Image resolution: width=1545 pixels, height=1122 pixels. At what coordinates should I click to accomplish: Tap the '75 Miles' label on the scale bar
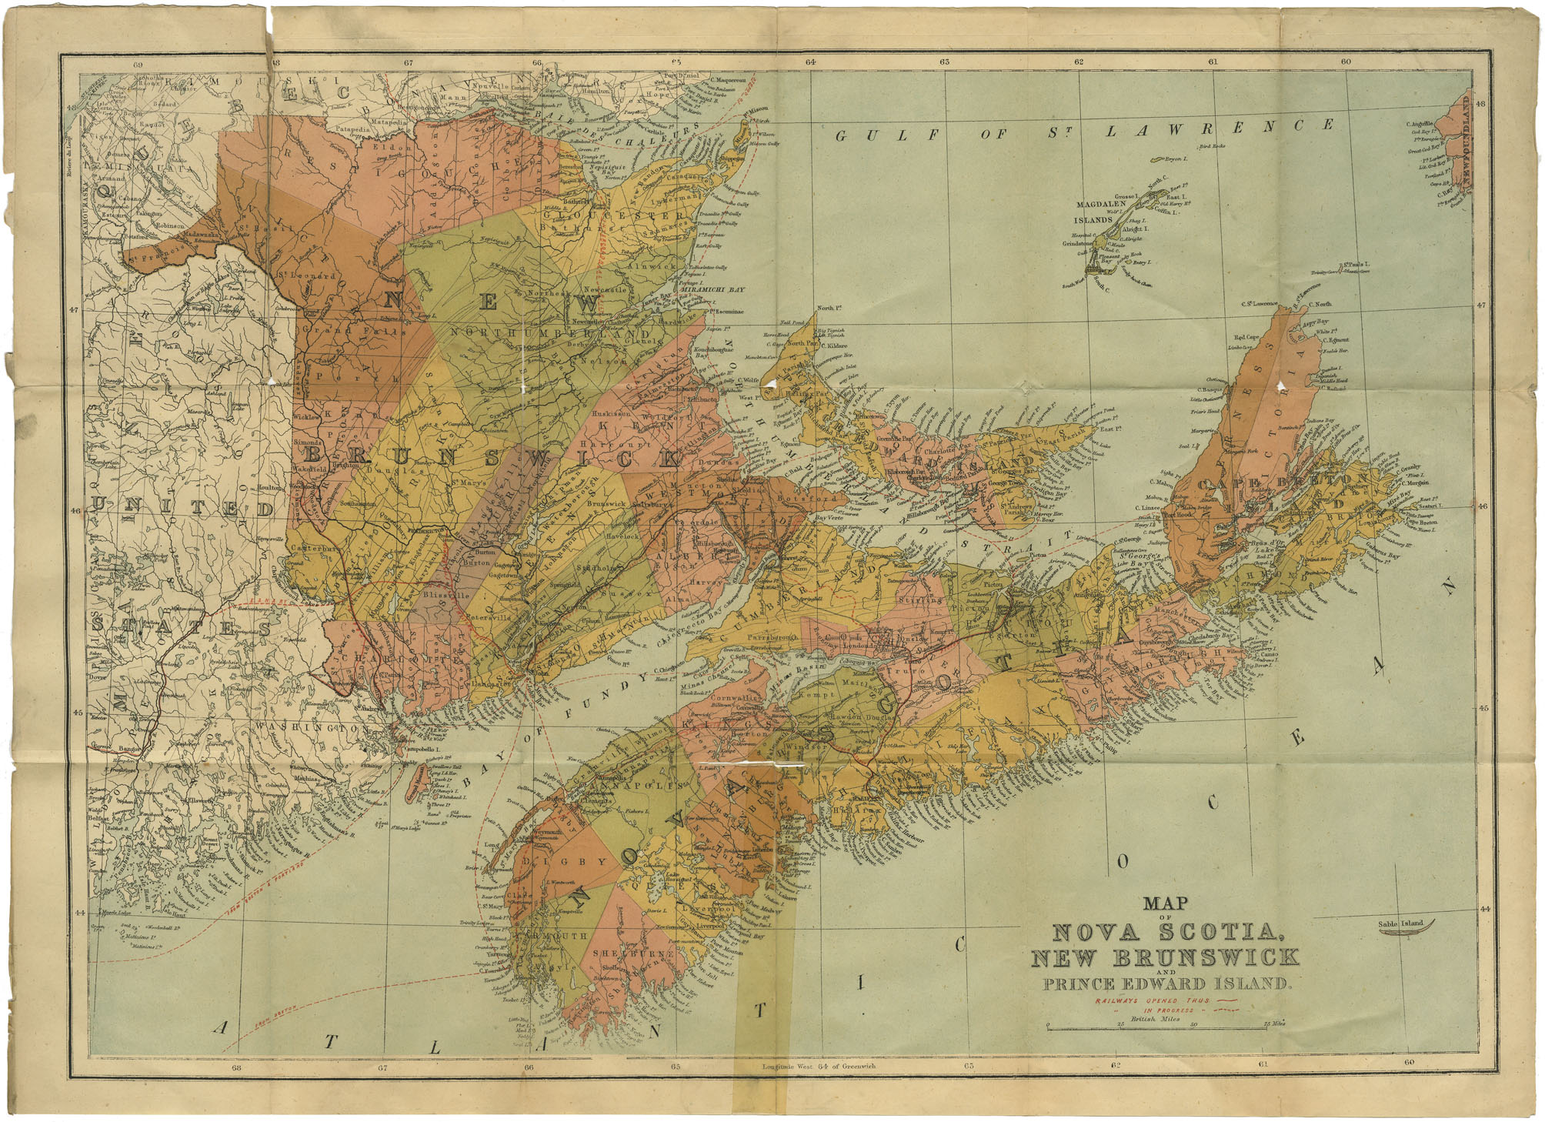(x=1275, y=1024)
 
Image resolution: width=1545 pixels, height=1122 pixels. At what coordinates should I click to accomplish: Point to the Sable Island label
(x=1400, y=923)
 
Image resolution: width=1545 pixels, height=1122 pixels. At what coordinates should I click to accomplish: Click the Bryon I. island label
(x=1176, y=159)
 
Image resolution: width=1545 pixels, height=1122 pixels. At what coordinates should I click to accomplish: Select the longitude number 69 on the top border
(x=138, y=65)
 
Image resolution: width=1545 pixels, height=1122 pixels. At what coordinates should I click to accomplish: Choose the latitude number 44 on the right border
(x=1484, y=909)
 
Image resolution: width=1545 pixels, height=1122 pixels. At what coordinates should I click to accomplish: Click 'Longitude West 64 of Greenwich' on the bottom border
(x=818, y=1066)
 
